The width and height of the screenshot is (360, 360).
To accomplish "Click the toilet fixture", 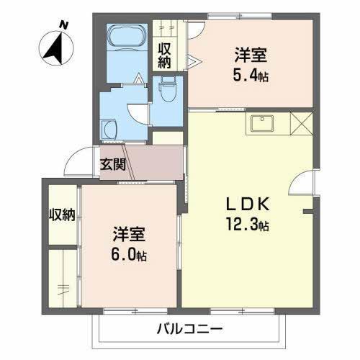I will coord(167,91).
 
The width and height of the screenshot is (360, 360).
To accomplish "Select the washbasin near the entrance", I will coord(109,130).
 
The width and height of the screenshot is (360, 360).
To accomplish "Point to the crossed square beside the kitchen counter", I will coord(301,124).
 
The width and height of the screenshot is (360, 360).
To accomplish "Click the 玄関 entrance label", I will coord(113,163).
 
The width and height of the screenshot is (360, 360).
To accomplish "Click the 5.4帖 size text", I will coord(252,76).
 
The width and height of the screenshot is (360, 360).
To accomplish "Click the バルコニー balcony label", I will coord(189,329).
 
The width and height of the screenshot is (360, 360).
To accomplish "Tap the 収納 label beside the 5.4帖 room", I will coord(165,55).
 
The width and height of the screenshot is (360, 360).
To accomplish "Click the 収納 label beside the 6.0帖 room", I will coord(62,215).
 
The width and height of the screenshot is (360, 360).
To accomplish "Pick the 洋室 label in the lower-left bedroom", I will coord(130,234).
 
